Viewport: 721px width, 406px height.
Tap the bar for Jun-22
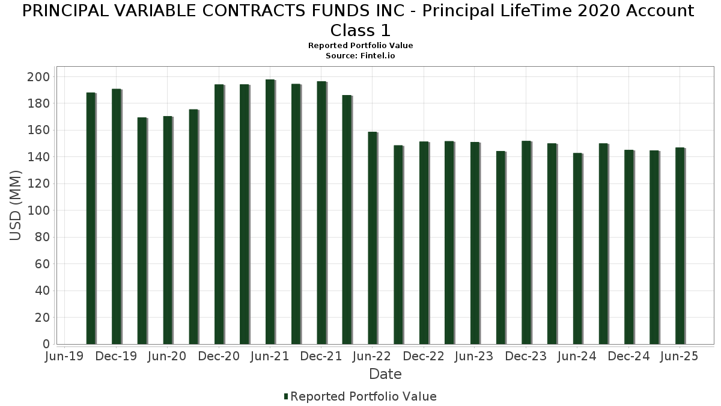(373, 238)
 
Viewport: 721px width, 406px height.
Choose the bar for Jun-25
(680, 246)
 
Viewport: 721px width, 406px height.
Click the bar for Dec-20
(219, 214)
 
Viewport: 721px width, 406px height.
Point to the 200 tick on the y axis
(41, 77)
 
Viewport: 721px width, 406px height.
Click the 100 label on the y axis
(41, 211)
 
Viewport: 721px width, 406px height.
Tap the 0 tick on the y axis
(46, 344)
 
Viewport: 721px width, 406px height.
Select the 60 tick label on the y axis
(41, 264)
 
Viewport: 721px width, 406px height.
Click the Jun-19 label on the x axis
(65, 357)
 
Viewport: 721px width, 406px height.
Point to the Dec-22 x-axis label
(424, 357)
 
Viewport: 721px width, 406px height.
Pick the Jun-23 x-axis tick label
(475, 357)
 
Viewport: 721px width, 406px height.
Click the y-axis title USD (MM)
(16, 206)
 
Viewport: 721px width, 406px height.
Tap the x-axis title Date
(385, 374)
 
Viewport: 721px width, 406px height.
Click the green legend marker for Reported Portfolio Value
(286, 396)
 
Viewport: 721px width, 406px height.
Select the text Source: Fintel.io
(360, 55)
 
